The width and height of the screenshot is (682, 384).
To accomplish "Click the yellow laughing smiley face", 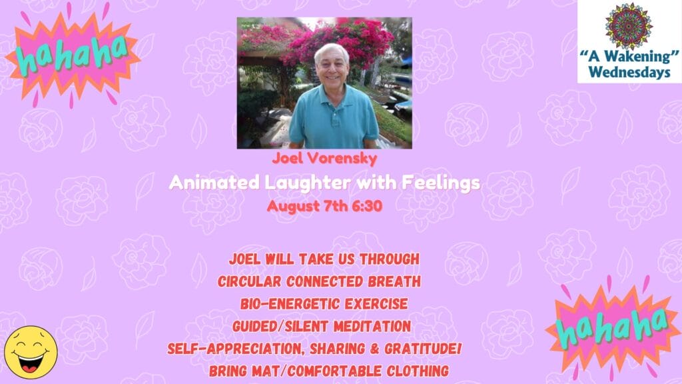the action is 31,352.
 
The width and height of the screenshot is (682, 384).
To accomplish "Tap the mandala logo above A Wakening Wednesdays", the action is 629,26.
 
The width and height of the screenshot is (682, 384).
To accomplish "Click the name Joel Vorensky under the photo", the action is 324,158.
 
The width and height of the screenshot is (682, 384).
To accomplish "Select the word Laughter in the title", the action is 308,183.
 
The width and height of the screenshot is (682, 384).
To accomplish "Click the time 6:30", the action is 367,205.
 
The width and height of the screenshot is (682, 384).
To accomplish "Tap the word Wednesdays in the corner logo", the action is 629,72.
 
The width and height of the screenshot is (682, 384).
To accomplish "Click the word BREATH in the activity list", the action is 394,281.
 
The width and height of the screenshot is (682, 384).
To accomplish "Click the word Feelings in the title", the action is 440,183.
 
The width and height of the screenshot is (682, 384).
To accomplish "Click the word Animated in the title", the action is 214,183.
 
